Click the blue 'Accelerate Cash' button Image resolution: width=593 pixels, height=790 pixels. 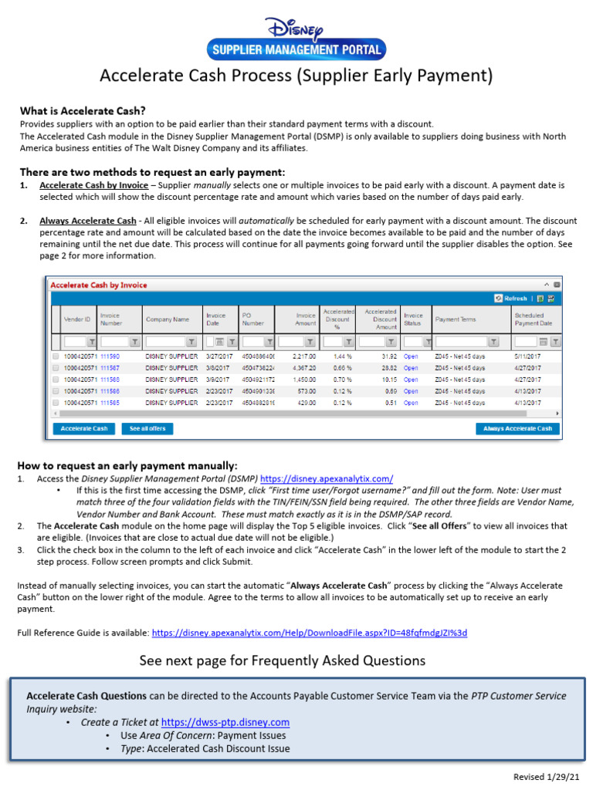click(84, 428)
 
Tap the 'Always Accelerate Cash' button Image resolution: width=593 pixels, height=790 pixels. click(517, 428)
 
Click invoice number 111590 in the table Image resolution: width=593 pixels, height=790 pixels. click(110, 357)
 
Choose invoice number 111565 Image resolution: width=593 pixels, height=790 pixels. click(110, 402)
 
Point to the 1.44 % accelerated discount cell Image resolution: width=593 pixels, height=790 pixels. click(343, 357)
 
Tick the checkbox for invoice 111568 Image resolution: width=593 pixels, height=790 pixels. click(56, 380)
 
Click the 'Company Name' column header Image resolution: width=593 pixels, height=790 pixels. click(168, 319)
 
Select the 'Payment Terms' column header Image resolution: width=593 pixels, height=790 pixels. click(456, 319)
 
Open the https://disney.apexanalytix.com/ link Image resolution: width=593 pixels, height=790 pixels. click(327, 479)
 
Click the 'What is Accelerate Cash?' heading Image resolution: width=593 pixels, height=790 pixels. click(83, 111)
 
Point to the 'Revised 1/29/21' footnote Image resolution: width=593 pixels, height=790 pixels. click(546, 776)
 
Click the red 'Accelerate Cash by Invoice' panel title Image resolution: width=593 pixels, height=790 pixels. click(99, 285)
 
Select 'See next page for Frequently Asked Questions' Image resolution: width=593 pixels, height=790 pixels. click(282, 660)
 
